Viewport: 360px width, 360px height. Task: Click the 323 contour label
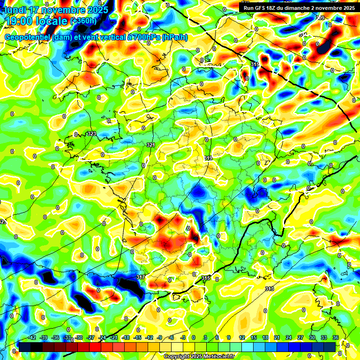click(x=91, y=134)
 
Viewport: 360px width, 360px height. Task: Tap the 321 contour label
click(x=150, y=145)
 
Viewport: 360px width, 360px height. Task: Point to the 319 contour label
click(x=209, y=158)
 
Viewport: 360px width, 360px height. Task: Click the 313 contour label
click(x=269, y=289)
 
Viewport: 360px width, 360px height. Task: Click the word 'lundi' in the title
click(x=15, y=9)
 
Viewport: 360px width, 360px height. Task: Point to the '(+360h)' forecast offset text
click(x=83, y=21)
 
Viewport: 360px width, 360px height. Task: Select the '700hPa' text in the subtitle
click(x=147, y=37)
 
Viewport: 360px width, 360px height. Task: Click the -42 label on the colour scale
click(x=32, y=337)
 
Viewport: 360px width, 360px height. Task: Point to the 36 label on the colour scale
click(x=336, y=337)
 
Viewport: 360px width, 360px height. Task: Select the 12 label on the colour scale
click(x=242, y=337)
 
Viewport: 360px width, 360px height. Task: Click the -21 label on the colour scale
click(x=114, y=337)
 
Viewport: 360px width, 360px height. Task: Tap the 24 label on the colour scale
click(x=289, y=337)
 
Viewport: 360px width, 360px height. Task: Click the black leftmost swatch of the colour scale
click(x=25, y=347)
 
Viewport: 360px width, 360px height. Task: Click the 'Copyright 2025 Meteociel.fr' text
click(x=199, y=357)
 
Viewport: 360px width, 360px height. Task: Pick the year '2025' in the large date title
click(x=94, y=9)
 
